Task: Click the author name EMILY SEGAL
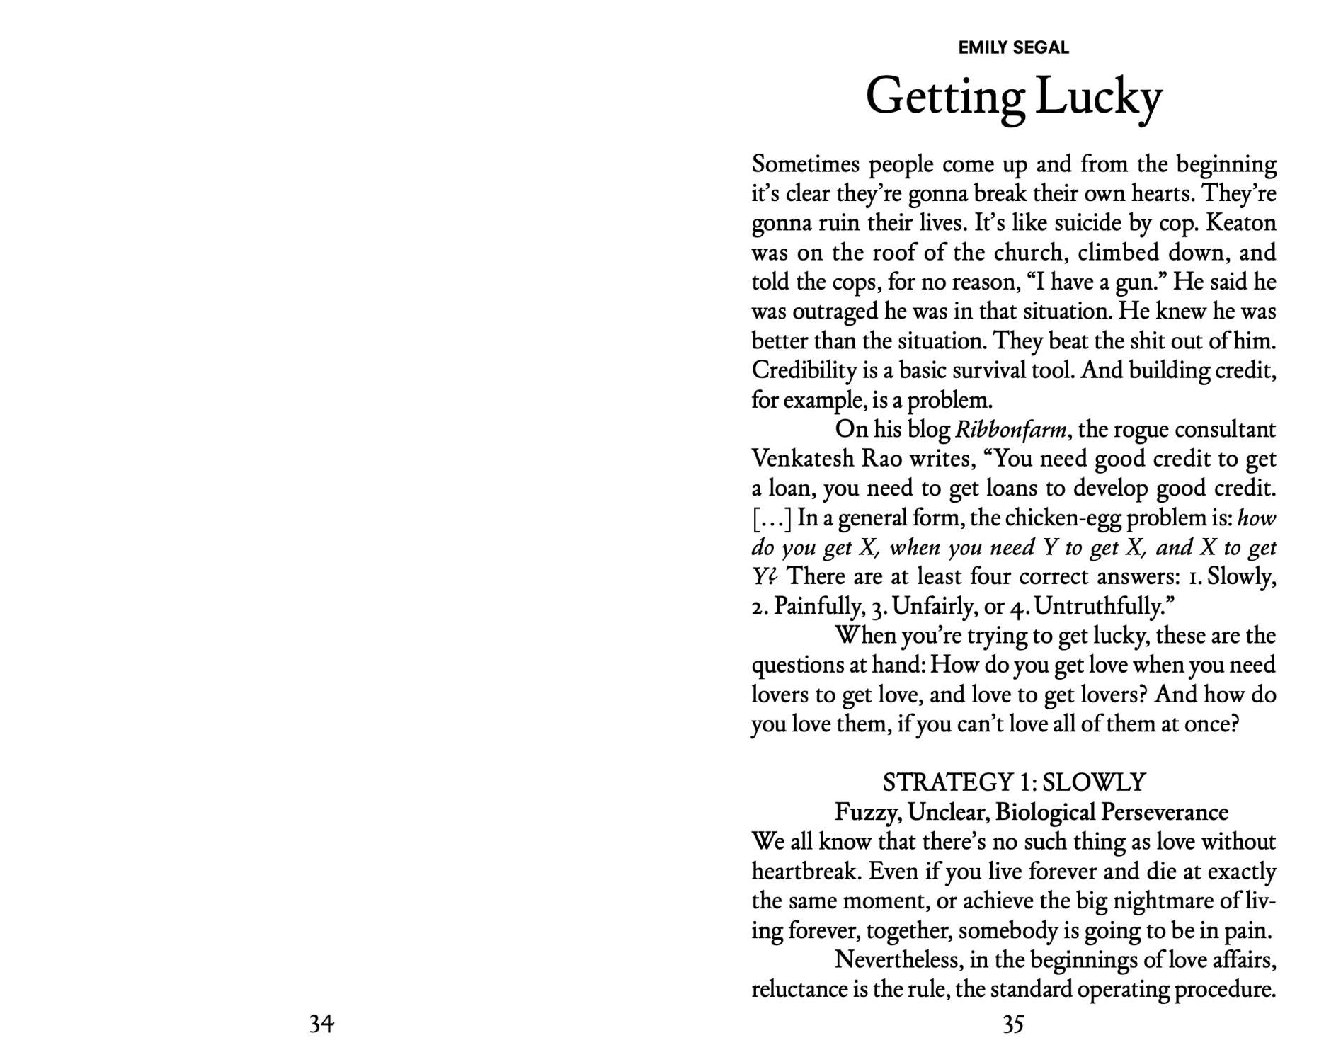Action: coord(1013,47)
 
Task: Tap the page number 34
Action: coord(321,1024)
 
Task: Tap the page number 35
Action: coord(1013,1024)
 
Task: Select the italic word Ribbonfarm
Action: coord(1012,430)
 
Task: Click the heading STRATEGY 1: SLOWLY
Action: coord(1013,782)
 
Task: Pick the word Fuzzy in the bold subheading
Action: coord(867,812)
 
